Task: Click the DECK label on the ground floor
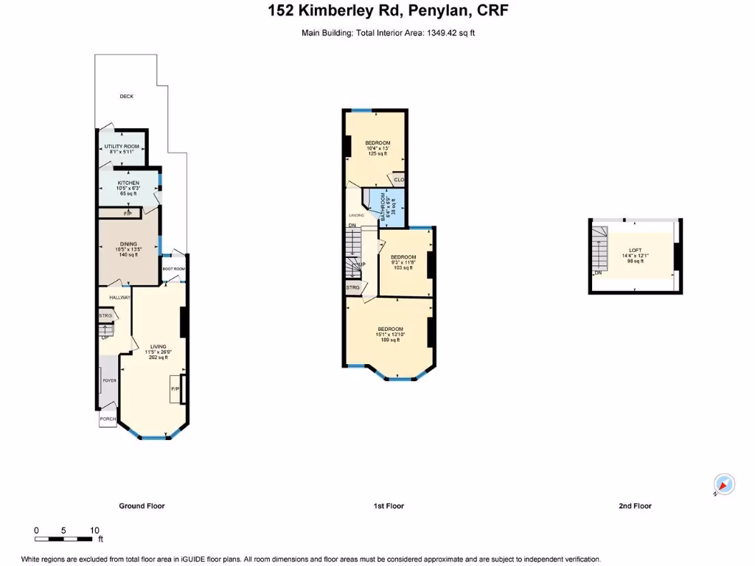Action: point(127,97)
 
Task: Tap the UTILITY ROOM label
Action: point(122,147)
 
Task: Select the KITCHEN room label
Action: point(128,183)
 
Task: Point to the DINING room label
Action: point(129,245)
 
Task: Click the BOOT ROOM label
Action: point(174,269)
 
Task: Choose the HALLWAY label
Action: point(119,298)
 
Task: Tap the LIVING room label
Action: point(159,346)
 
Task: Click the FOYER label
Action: point(109,381)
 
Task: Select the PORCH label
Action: point(108,419)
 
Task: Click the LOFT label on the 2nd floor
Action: point(636,251)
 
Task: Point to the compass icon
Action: point(725,484)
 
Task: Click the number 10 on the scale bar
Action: point(94,531)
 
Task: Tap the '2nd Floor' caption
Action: point(636,506)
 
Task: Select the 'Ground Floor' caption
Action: point(142,506)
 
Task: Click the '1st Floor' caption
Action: point(388,506)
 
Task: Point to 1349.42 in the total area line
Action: point(447,32)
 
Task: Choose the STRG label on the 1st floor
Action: point(352,287)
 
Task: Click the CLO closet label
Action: point(399,180)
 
